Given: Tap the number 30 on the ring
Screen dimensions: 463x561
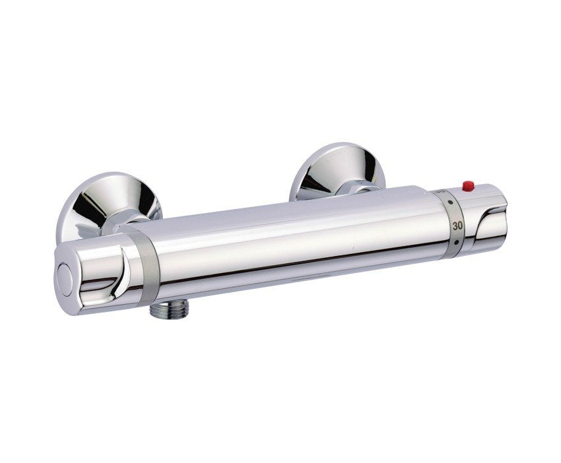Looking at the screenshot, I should [x=456, y=226].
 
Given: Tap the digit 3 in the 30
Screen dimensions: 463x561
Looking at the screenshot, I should [x=453, y=226].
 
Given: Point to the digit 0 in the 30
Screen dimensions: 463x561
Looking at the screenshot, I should [x=459, y=226].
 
